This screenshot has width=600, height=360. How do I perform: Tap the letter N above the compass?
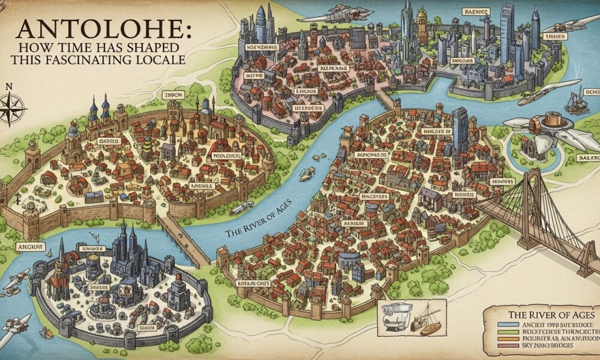point(8,86)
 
